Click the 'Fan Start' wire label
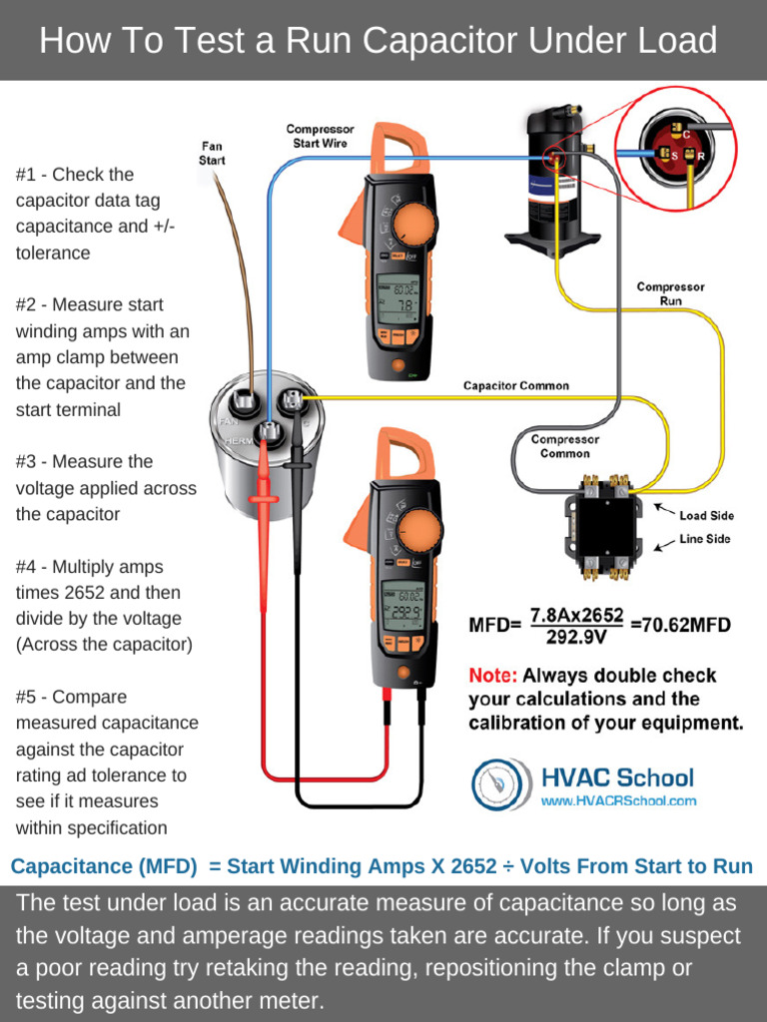point(212,153)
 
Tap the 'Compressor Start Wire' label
point(320,136)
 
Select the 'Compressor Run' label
point(670,293)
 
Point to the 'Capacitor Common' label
point(515,385)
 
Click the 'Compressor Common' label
point(564,446)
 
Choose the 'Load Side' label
point(706,515)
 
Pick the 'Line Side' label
point(705,539)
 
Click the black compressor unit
point(554,185)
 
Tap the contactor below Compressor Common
point(603,528)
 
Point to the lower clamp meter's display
point(404,605)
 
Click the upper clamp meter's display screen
point(396,297)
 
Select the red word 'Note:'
point(492,675)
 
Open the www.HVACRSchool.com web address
point(618,800)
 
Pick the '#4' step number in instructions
point(28,567)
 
